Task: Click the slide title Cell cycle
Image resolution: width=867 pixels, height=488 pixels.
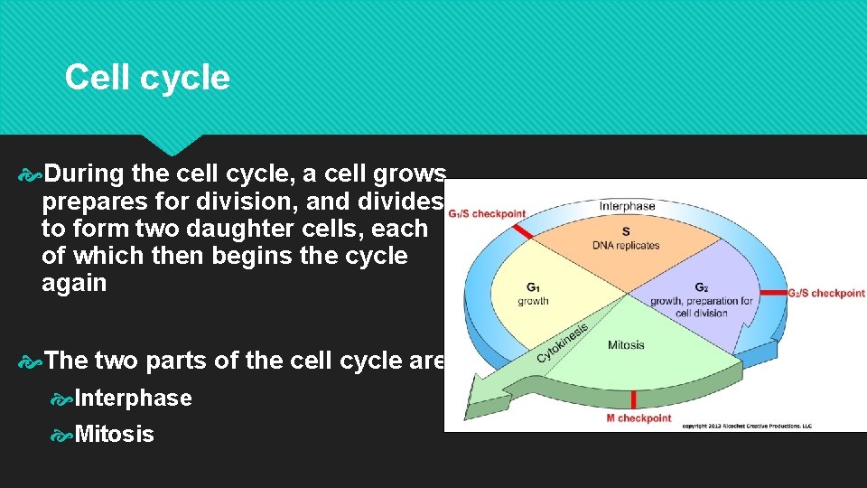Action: [147, 78]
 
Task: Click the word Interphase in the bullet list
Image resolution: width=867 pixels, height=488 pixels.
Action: [134, 399]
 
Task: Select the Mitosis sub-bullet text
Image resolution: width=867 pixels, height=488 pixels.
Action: [115, 435]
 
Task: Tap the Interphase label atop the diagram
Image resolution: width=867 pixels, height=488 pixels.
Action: [628, 206]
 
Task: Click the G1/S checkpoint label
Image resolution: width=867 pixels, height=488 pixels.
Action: [486, 214]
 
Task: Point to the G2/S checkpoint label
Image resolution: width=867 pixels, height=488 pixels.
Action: [825, 293]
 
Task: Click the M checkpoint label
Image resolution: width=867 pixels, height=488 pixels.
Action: [639, 418]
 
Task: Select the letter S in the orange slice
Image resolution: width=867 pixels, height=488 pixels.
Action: [626, 231]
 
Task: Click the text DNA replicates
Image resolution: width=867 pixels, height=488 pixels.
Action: [626, 245]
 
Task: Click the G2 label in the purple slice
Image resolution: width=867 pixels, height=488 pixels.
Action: [701, 287]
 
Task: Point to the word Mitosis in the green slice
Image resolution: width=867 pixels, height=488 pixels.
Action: [626, 344]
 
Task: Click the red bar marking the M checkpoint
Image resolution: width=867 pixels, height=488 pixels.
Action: [634, 399]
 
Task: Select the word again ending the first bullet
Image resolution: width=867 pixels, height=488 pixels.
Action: [74, 284]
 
